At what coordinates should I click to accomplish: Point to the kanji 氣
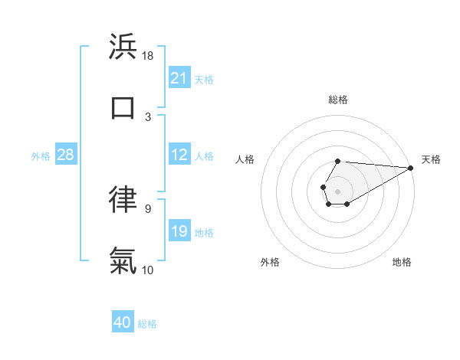(x=123, y=260)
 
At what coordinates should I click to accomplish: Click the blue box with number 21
(x=179, y=78)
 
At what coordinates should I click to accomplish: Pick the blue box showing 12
(x=179, y=155)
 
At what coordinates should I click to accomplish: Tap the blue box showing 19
(x=179, y=232)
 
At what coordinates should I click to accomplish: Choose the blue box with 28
(x=66, y=155)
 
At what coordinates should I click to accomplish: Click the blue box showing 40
(x=123, y=322)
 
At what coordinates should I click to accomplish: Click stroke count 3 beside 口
(x=148, y=117)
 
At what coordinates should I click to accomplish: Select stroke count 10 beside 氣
(x=148, y=270)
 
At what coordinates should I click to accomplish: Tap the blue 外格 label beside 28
(x=41, y=156)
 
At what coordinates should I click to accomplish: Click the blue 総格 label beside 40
(x=147, y=324)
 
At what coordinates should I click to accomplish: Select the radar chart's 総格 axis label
(x=338, y=100)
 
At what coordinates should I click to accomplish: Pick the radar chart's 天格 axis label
(x=431, y=159)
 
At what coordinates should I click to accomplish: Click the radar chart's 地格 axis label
(x=402, y=262)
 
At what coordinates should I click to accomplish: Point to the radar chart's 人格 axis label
(x=245, y=159)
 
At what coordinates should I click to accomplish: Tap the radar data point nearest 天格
(x=410, y=168)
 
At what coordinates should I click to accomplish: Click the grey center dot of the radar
(x=337, y=190)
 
